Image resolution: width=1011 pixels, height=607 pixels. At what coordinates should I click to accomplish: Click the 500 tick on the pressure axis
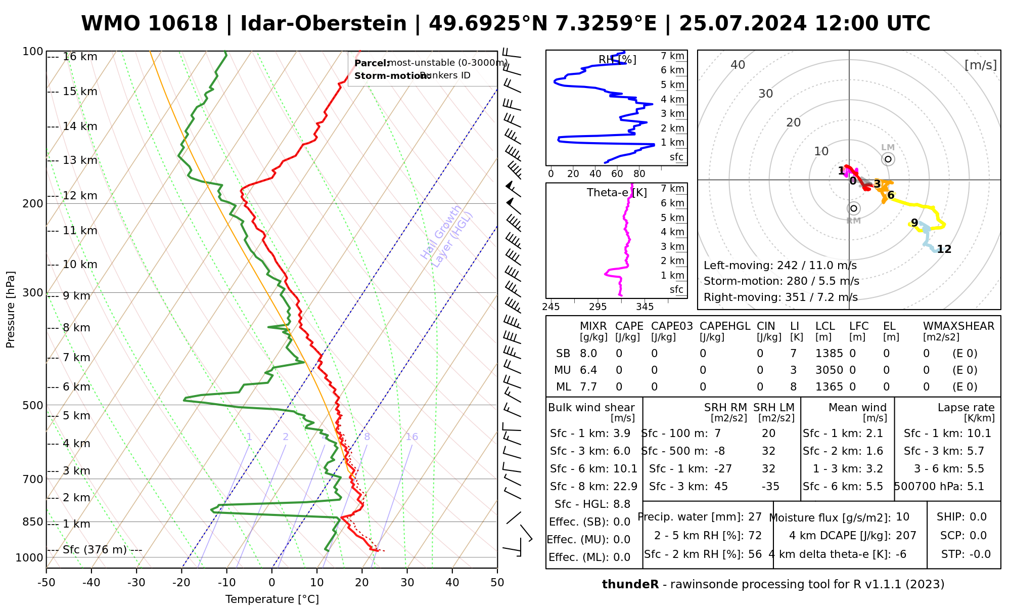click(x=33, y=405)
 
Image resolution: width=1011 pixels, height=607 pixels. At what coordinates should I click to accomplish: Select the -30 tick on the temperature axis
click(x=136, y=583)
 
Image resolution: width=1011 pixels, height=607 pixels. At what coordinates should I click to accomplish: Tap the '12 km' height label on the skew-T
click(x=80, y=196)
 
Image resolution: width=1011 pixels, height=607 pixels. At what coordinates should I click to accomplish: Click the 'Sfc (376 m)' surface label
click(x=95, y=550)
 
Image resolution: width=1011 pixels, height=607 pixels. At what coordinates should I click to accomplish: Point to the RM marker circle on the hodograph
click(x=854, y=208)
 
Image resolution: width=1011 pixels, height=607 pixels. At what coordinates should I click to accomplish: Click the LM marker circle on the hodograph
click(x=888, y=159)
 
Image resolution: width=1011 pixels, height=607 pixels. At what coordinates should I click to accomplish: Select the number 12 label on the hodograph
click(x=944, y=249)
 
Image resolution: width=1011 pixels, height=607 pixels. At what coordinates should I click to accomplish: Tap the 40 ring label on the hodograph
click(x=738, y=65)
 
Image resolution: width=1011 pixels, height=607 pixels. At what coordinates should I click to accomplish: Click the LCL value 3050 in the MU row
click(x=829, y=370)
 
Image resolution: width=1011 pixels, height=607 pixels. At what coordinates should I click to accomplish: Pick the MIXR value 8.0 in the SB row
click(x=588, y=354)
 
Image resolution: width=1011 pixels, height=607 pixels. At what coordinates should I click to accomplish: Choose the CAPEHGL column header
click(x=725, y=326)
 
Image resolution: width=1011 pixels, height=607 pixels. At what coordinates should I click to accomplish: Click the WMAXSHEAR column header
click(x=958, y=326)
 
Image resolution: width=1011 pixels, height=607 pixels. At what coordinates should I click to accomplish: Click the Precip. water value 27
click(x=755, y=517)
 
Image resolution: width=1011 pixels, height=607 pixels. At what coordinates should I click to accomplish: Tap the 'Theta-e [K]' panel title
click(x=617, y=193)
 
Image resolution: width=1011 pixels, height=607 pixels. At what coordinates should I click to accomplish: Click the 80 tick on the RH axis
click(x=639, y=174)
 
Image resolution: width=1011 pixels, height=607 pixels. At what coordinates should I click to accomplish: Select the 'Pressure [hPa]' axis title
click(x=11, y=310)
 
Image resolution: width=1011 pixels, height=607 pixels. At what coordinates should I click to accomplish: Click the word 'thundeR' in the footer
click(x=630, y=585)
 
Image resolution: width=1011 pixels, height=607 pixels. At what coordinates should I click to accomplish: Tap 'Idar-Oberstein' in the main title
click(x=324, y=24)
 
